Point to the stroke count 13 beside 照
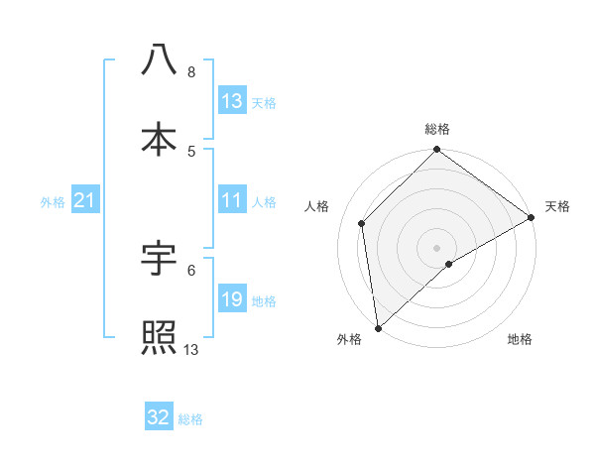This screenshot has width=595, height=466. (x=192, y=349)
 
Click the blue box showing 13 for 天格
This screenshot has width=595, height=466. (x=232, y=101)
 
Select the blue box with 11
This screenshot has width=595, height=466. (x=232, y=201)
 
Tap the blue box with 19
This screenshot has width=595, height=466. (x=232, y=300)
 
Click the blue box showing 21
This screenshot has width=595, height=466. (x=85, y=201)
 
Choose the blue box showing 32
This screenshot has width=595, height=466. (x=159, y=417)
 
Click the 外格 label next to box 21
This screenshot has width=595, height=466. (x=53, y=202)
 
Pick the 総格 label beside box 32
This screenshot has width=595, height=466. (x=190, y=419)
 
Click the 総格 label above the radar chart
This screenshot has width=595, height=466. (x=437, y=129)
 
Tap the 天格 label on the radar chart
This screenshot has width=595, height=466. (x=557, y=206)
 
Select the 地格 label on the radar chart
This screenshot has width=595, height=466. (x=520, y=340)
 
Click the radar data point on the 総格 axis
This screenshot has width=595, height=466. (x=437, y=152)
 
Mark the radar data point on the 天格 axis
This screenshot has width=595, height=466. (x=532, y=217)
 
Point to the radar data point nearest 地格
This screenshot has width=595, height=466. (x=449, y=264)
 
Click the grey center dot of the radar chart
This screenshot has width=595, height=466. (x=437, y=247)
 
